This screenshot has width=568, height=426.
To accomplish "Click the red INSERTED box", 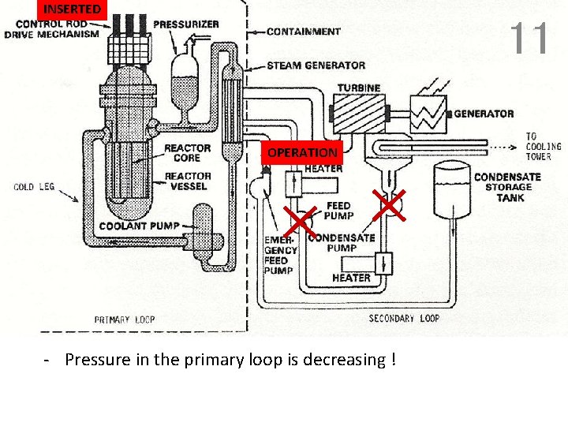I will (x=72, y=9).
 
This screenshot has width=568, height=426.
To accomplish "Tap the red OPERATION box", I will (x=302, y=152).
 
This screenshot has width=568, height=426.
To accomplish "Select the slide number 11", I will (x=529, y=38).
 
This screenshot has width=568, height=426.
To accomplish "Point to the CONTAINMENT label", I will (x=304, y=32).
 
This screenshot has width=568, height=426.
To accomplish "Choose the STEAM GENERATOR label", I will (x=316, y=65).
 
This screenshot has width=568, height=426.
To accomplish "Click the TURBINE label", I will (x=359, y=88).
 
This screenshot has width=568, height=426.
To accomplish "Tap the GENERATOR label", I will (x=484, y=114).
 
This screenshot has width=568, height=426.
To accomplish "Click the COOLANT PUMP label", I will (x=139, y=226).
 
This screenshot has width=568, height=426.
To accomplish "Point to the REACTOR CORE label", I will (x=188, y=153).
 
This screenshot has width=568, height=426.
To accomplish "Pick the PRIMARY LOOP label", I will (x=125, y=319).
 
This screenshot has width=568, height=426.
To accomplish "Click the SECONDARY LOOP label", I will (x=404, y=319).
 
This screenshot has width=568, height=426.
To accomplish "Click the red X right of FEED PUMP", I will (x=389, y=205).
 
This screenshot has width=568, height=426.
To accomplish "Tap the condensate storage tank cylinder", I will (x=452, y=189).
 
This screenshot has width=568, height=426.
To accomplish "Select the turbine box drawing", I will (x=358, y=113).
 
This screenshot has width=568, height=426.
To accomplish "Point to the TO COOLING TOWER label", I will (x=544, y=146).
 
